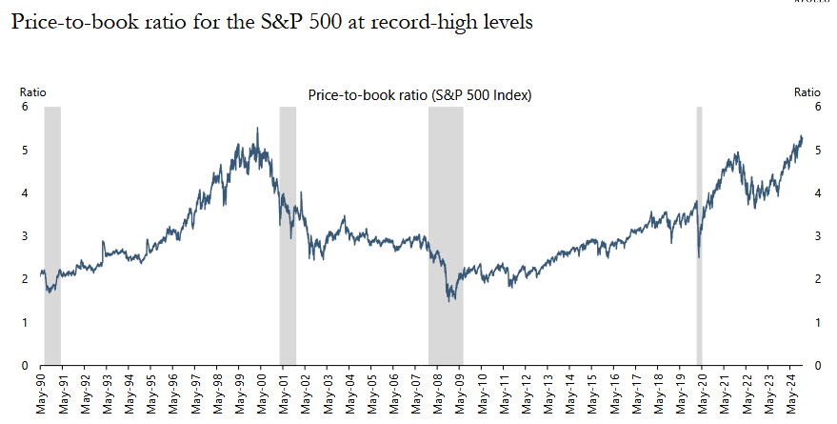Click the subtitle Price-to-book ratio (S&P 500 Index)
tap(420, 95)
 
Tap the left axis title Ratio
tap(33, 92)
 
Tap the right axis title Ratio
tap(807, 92)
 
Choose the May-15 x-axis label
tap(591, 394)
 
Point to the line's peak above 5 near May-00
tap(257, 129)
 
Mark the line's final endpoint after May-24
tap(802, 138)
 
